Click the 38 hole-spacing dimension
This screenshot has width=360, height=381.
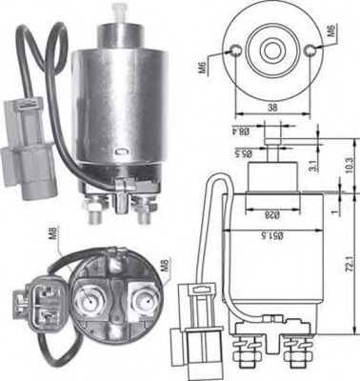[271, 109]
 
